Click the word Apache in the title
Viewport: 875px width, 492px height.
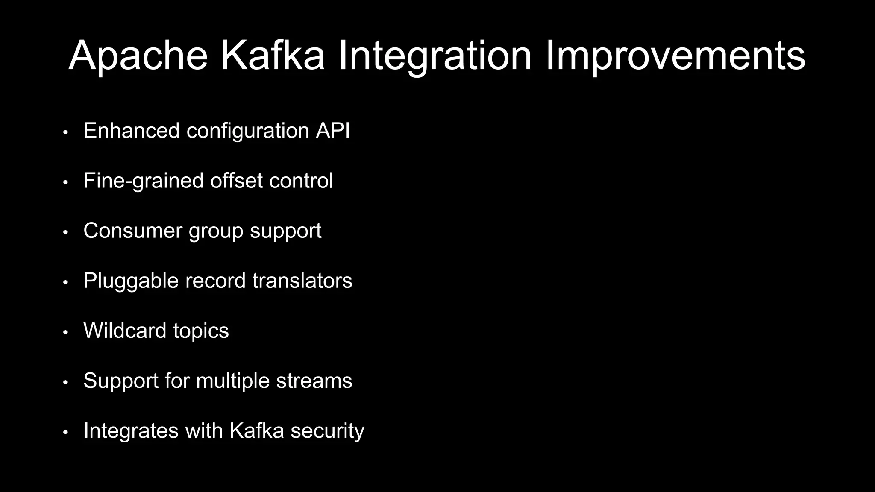tap(138, 56)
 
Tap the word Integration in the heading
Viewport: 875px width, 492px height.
tap(435, 56)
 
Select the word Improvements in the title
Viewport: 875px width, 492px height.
tap(675, 56)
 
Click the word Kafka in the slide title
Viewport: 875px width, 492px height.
tap(272, 56)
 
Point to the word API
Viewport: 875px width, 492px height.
tap(333, 131)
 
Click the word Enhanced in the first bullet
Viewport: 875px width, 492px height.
tap(131, 131)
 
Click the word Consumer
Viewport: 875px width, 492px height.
tap(133, 231)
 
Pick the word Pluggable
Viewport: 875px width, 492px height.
tap(131, 281)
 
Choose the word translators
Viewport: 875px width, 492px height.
tap(302, 281)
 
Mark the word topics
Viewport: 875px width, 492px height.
tap(201, 331)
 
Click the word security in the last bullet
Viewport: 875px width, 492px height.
tap(327, 431)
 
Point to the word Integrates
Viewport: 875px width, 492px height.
tap(131, 431)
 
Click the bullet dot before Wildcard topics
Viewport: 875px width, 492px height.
tap(65, 332)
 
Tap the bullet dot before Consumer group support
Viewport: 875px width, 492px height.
tap(65, 232)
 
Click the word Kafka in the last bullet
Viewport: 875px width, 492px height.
tap(256, 430)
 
